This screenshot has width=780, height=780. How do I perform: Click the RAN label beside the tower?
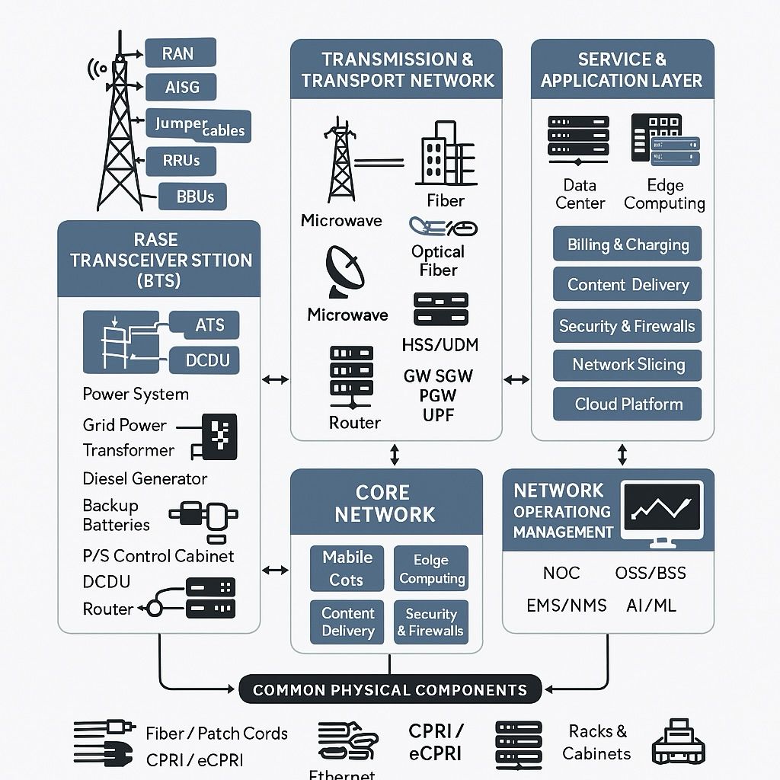click(x=178, y=54)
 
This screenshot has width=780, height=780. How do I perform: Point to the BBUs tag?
click(x=195, y=197)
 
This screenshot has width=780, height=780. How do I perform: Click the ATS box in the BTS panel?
click(x=209, y=325)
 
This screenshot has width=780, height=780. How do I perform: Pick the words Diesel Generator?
click(x=145, y=478)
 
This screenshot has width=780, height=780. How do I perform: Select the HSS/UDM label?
click(x=440, y=345)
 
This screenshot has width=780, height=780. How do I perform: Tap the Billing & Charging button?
click(x=628, y=245)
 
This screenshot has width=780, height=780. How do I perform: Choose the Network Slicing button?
click(x=628, y=365)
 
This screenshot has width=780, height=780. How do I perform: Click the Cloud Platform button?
click(x=628, y=404)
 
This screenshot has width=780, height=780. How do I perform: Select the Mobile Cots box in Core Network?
click(x=347, y=569)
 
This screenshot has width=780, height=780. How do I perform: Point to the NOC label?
click(x=561, y=573)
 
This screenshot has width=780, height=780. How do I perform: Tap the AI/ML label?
click(x=651, y=606)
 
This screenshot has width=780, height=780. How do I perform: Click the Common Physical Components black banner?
click(x=390, y=690)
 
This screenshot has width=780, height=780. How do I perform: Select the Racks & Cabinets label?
click(x=597, y=743)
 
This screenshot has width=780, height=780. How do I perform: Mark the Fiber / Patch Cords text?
click(x=216, y=734)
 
